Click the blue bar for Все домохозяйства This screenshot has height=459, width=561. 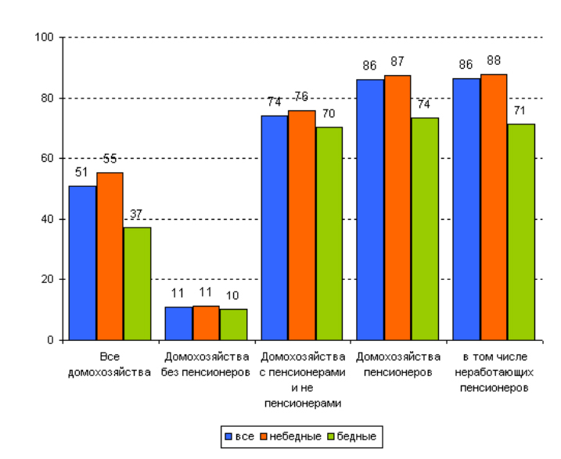click(82, 263)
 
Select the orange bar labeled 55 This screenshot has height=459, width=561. click(110, 256)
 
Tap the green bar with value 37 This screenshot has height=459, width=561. click(137, 283)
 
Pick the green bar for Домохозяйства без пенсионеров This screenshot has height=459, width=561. click(233, 325)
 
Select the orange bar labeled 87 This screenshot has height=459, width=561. click(397, 207)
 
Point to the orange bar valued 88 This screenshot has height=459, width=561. click(494, 206)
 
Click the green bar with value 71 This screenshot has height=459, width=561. click(521, 231)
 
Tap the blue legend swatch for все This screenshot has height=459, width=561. click(228, 436)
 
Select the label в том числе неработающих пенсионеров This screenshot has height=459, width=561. click(494, 371)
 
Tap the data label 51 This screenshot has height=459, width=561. click(81, 173)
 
